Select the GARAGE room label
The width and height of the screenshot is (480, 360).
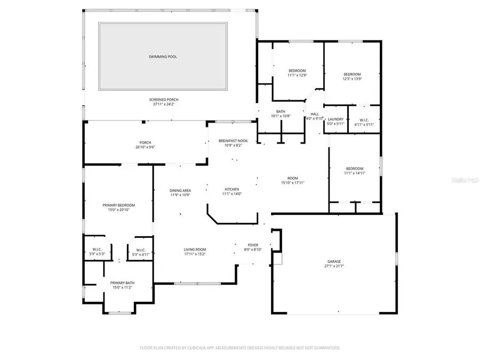coord(335,261)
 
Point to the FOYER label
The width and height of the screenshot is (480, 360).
coord(253,245)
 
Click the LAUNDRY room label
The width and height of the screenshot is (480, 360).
coord(335,119)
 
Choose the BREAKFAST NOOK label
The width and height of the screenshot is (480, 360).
coord(233,141)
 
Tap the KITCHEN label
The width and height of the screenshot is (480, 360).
coord(232,189)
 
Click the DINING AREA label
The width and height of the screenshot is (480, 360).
coord(180,190)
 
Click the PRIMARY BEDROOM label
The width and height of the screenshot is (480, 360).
coord(118,205)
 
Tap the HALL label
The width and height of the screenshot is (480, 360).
coord(315,114)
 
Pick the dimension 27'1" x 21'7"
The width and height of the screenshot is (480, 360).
coord(335,266)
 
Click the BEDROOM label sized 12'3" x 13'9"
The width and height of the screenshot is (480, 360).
coord(352,74)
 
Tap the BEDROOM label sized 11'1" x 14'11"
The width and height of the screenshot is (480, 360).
coord(354,169)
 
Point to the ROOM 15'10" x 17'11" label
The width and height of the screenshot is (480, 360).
coord(293,178)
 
